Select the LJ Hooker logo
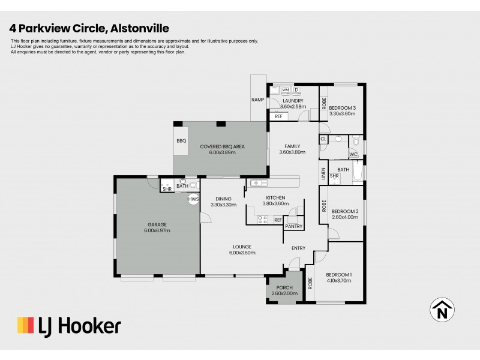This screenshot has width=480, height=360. [x=68, y=326]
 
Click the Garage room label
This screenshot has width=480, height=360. [x=157, y=225]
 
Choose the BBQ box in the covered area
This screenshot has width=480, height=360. [x=181, y=141]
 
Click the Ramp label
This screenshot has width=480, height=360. [x=259, y=100]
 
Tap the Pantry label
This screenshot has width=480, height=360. [x=294, y=226]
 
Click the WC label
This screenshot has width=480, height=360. [x=353, y=155]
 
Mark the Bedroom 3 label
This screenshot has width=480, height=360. [x=343, y=108]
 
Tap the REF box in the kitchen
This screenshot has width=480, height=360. [x=278, y=220]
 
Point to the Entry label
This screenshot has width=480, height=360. [x=298, y=248]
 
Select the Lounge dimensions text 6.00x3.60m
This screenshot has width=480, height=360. [x=242, y=253]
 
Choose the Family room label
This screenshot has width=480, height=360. [x=292, y=146]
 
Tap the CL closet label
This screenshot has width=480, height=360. [x=323, y=139]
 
